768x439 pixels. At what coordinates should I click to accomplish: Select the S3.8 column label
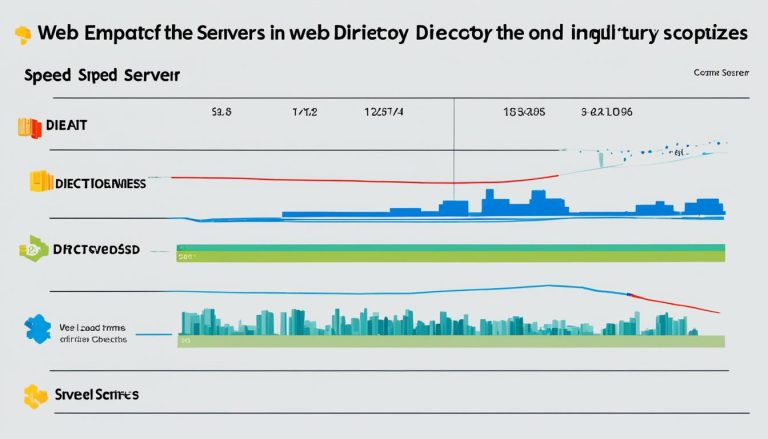[221, 113]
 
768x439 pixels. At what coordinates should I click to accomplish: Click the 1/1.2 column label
[304, 113]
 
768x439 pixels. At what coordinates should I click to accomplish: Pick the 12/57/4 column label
[385, 113]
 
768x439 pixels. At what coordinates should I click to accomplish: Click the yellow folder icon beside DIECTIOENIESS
[40, 181]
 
